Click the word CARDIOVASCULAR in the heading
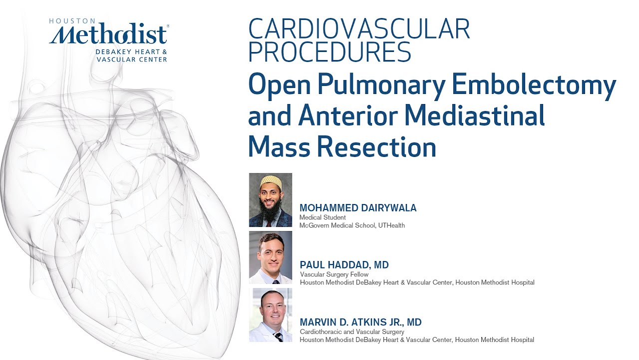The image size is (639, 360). point(359,29)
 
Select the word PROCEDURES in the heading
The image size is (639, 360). point(329,51)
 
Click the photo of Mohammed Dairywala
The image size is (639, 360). point(270,200)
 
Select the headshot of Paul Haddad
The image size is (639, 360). point(270,257)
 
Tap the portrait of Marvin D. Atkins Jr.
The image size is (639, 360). point(270,315)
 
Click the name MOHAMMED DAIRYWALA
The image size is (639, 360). point(358,208)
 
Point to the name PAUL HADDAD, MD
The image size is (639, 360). point(344,265)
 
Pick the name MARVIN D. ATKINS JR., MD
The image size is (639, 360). point(360,322)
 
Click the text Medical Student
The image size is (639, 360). point(322,217)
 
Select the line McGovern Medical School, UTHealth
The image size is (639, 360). point(352,225)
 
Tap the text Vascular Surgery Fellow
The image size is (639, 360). point(334,274)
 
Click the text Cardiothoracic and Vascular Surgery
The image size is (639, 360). point(352,331)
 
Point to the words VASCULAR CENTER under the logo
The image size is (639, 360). point(131,59)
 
